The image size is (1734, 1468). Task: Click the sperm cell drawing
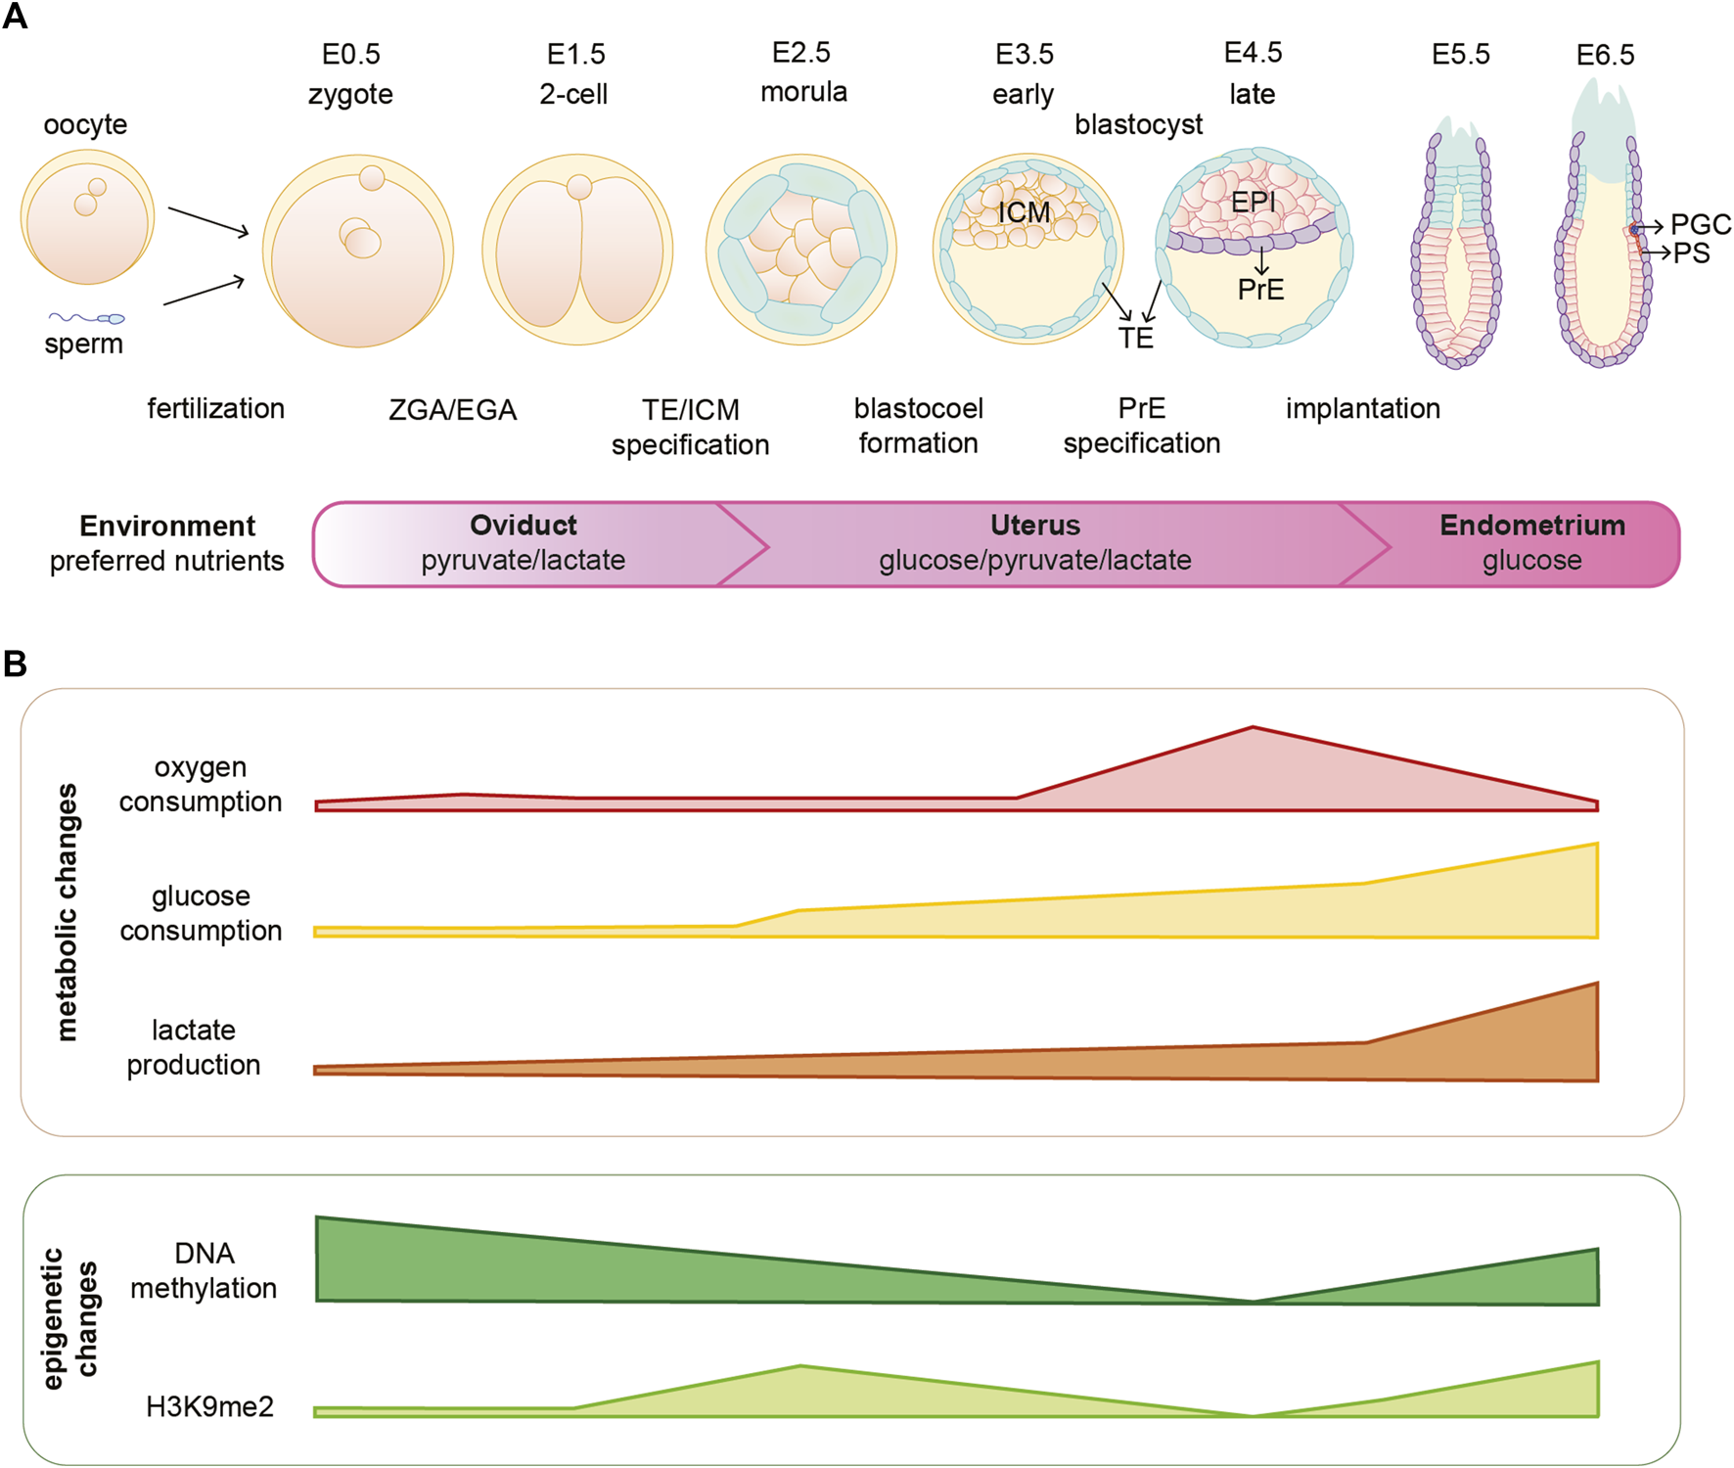[x=89, y=317]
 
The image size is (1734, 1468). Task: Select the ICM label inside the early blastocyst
[x=1024, y=212]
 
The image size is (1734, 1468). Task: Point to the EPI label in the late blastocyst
[x=1253, y=203]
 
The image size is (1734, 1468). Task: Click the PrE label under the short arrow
[x=1260, y=290]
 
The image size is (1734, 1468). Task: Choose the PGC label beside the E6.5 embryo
[x=1701, y=225]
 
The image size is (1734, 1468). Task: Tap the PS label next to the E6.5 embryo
[x=1691, y=253]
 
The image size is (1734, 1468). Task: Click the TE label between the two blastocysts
[x=1135, y=339]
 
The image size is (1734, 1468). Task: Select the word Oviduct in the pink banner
[x=524, y=526]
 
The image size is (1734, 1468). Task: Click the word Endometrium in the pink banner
[x=1531, y=526]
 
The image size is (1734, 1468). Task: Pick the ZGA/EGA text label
[x=452, y=410]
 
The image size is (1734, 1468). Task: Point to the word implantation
[x=1362, y=409]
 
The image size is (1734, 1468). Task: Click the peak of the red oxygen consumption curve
[x=1253, y=729]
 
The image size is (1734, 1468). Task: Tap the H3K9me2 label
[x=209, y=1407]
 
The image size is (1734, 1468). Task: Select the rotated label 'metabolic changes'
[x=67, y=911]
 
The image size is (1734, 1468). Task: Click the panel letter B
[x=15, y=665]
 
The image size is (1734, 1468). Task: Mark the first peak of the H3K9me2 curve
[x=800, y=1367]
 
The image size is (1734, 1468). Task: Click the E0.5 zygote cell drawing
[x=358, y=251]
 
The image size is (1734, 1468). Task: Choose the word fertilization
[x=215, y=409]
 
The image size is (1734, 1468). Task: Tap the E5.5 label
[x=1460, y=55]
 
